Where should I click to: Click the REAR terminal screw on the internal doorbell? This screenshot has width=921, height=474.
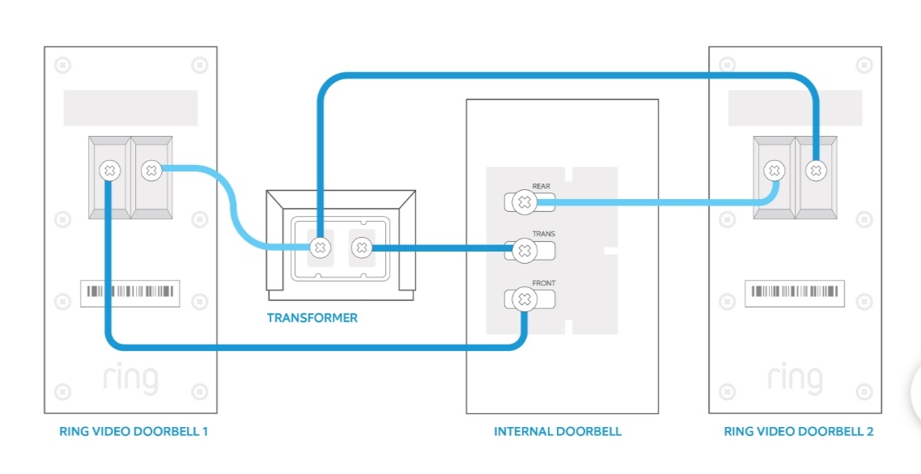(524, 202)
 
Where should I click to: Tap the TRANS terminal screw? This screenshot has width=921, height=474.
(524, 251)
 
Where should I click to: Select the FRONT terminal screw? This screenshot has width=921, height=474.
(524, 300)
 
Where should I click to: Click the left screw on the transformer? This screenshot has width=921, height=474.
(320, 247)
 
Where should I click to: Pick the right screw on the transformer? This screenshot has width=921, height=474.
(360, 247)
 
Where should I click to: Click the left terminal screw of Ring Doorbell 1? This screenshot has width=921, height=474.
(109, 171)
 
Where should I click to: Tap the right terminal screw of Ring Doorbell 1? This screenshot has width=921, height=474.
(151, 171)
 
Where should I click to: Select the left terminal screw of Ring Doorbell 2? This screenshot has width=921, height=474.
(775, 171)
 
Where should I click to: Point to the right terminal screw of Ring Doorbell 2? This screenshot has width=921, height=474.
(816, 171)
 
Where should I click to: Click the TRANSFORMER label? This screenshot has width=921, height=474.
(312, 318)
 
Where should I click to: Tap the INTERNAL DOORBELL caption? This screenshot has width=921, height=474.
(558, 431)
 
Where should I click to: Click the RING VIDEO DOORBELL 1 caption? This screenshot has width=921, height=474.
(134, 431)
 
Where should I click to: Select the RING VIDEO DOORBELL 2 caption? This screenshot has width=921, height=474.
(798, 431)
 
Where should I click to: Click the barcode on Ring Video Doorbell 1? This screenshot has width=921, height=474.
(130, 292)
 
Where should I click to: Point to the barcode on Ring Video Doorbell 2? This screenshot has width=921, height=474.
(795, 292)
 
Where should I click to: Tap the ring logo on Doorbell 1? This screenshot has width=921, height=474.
(130, 379)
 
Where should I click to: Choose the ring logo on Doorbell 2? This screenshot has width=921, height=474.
(795, 379)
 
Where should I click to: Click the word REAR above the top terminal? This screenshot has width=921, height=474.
(541, 186)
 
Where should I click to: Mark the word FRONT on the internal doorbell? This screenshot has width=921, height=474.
(544, 283)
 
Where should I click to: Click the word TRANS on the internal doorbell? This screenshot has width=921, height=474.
(543, 235)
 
